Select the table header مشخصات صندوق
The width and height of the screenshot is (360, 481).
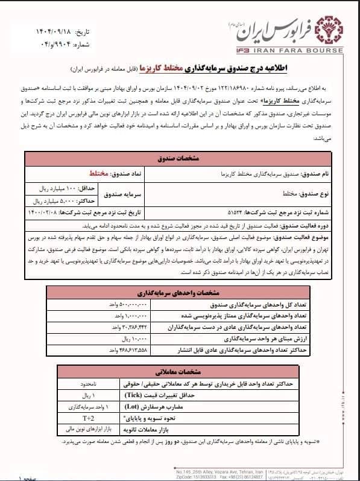click(x=178, y=161)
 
